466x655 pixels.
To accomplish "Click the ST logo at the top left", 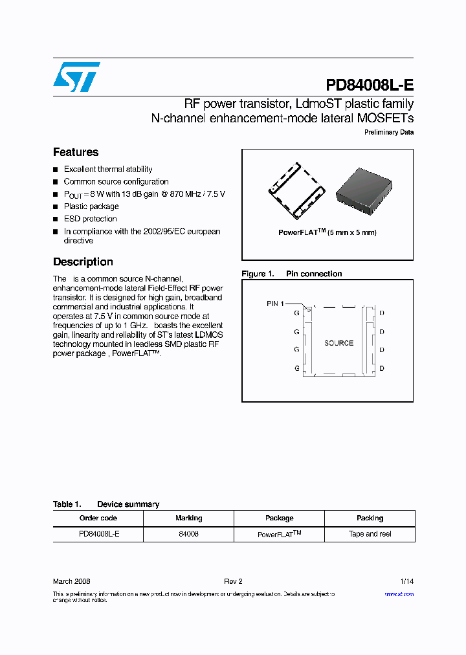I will point(76,77).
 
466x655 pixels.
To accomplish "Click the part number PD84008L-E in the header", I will point(369,85).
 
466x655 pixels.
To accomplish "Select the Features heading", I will point(76,152).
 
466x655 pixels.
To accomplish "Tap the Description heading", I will point(83,262).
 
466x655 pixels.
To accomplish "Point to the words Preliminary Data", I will point(389,133).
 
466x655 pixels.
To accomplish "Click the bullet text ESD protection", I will point(90,219).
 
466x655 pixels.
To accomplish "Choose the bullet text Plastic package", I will point(91,206).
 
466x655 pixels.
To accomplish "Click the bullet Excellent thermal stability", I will point(108,170).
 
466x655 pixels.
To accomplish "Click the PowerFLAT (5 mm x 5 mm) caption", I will point(327,232).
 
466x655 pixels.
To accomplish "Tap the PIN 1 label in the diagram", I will point(275,304).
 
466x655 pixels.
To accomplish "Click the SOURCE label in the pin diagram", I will point(338,343).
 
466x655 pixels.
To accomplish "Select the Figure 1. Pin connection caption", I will point(291,274).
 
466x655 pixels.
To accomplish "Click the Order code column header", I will point(98,518).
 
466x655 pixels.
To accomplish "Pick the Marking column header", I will point(188,518).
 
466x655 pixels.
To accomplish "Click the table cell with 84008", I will point(188,534).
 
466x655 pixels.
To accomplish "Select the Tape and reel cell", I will point(370,534).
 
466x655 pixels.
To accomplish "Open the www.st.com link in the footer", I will point(399,594).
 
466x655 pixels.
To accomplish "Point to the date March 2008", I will point(71,581).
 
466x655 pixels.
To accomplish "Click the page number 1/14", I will point(406,581).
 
